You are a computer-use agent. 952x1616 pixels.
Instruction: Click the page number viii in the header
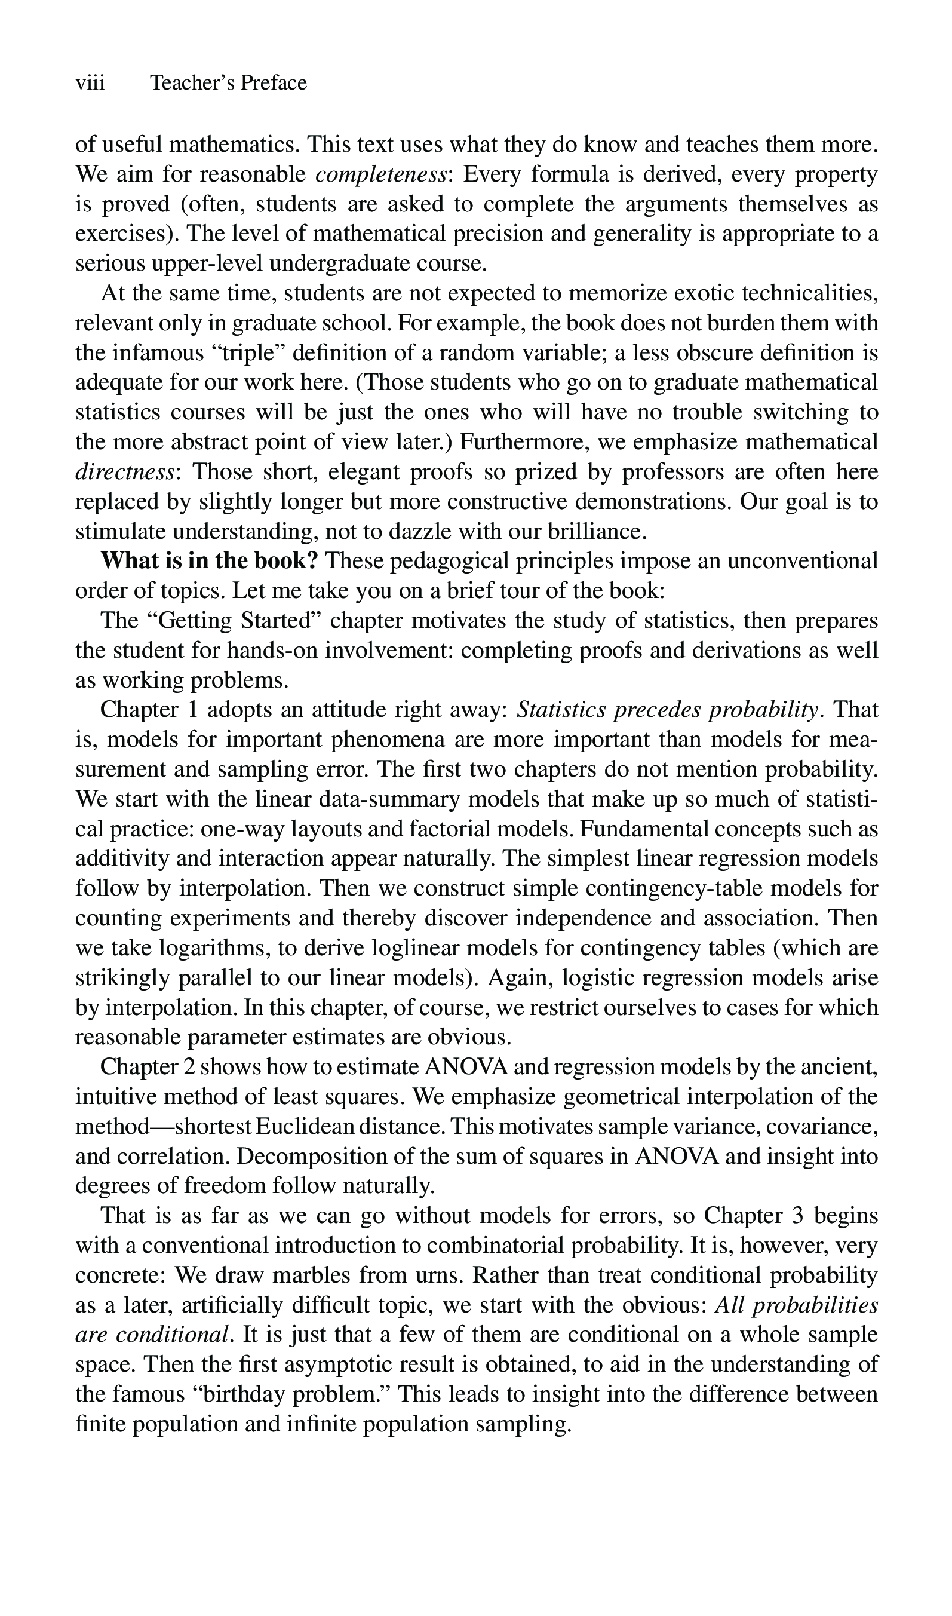[x=90, y=84]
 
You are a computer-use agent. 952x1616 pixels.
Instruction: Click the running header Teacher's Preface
[x=228, y=84]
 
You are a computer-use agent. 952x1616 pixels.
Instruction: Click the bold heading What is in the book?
[x=209, y=562]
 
